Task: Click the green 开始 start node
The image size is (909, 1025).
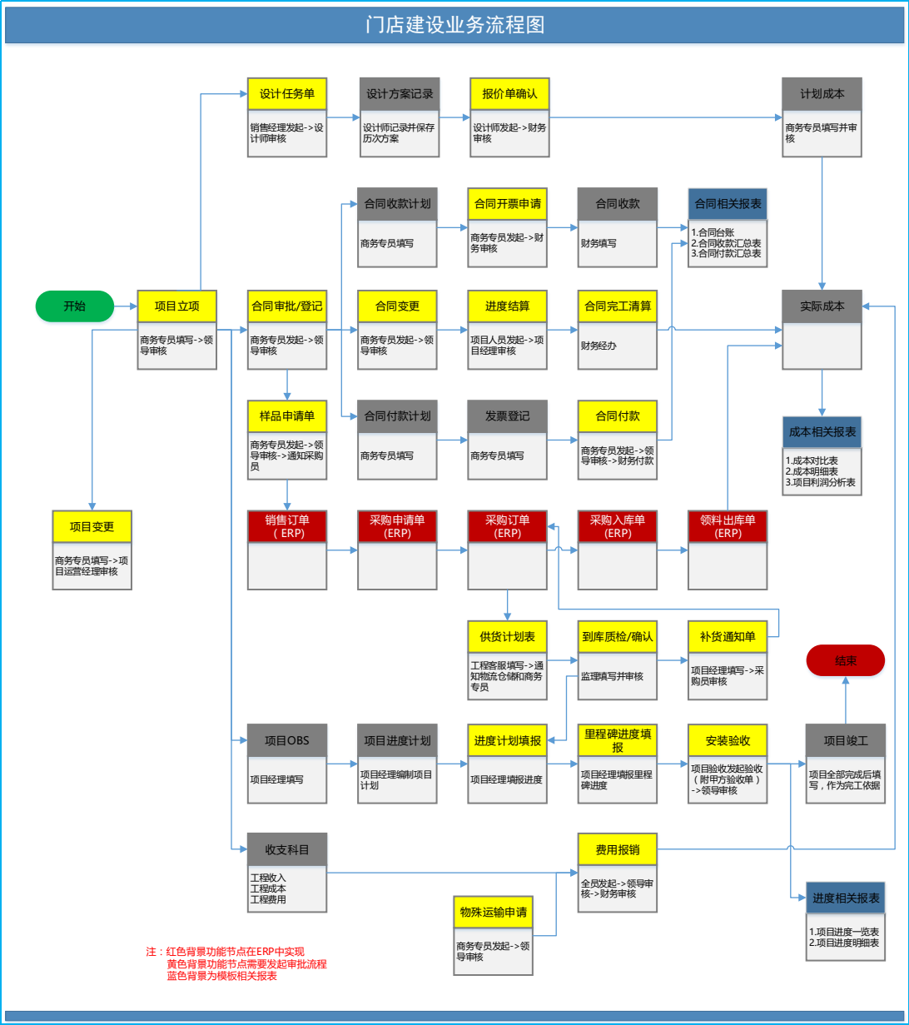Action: (x=74, y=306)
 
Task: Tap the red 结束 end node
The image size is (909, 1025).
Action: (x=845, y=660)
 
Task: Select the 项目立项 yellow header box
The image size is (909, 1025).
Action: (x=176, y=306)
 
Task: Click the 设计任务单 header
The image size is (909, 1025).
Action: (x=287, y=94)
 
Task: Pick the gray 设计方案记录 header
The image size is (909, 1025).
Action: (x=400, y=94)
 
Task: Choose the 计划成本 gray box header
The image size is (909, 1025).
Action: (x=822, y=94)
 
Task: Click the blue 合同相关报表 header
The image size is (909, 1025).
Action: (x=728, y=203)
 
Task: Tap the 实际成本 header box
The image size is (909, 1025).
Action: (x=822, y=306)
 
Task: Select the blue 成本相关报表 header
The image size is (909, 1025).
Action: (x=822, y=432)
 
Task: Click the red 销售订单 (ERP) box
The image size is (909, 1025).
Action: (x=287, y=526)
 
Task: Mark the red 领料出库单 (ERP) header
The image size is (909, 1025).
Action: (x=728, y=526)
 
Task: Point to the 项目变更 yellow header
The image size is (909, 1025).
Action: (x=92, y=526)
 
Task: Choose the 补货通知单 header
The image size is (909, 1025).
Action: (x=728, y=637)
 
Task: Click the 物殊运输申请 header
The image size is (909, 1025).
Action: (x=494, y=912)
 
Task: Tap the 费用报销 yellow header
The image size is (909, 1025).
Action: (x=617, y=849)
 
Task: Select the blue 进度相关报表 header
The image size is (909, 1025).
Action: (x=845, y=898)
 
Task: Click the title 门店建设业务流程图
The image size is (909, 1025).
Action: (x=454, y=25)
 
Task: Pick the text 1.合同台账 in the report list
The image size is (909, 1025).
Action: (x=713, y=232)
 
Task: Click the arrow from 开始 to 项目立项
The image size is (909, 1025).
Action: (x=125, y=306)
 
